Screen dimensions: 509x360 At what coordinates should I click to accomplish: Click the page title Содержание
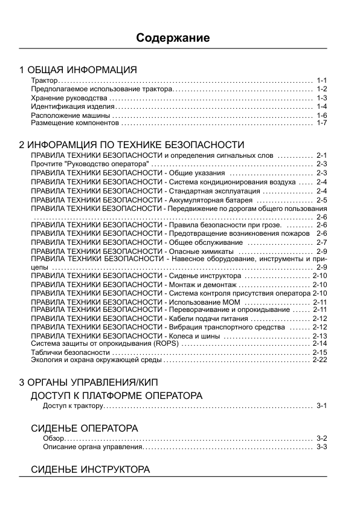[173, 38]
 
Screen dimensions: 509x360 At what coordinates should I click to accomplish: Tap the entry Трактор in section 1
[44, 80]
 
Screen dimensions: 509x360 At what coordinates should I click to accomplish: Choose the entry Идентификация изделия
[69, 106]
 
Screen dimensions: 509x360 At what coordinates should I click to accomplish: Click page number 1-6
[321, 115]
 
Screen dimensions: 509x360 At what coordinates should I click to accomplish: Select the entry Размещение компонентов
[75, 123]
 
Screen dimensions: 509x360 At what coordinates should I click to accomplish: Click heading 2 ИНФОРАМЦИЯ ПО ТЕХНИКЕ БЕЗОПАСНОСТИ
[132, 145]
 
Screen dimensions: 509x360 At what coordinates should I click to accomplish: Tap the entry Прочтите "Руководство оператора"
[89, 164]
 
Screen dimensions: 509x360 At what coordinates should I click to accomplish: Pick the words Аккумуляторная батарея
[211, 199]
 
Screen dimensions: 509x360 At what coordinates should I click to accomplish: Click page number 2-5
[321, 199]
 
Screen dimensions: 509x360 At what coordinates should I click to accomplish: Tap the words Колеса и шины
[194, 336]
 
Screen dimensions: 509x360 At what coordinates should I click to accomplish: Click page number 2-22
[320, 360]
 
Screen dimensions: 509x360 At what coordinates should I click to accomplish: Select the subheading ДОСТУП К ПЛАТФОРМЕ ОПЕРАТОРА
[117, 395]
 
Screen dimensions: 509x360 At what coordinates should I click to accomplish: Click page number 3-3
[321, 447]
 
